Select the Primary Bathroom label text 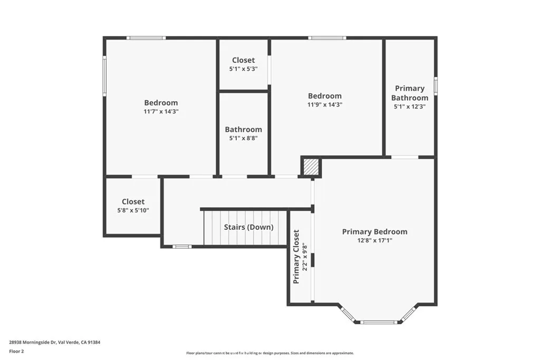(x=410, y=93)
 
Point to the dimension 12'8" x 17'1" (x=374, y=240)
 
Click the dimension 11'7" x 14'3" (x=161, y=111)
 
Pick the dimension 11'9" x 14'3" (x=325, y=104)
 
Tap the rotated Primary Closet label (x=296, y=256)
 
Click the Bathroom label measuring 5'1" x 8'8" (x=243, y=130)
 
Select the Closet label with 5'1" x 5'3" (x=243, y=60)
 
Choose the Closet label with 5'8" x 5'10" (x=133, y=201)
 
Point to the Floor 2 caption (x=16, y=351)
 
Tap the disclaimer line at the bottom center (x=269, y=353)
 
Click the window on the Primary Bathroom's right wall (x=436, y=85)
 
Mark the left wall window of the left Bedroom (x=104, y=76)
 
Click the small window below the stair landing (x=182, y=246)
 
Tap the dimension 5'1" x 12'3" (x=410, y=106)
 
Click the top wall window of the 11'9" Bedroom (x=327, y=38)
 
